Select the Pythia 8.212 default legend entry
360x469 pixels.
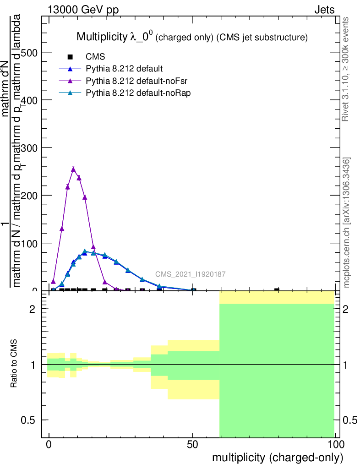pyautogui.click(x=124, y=69)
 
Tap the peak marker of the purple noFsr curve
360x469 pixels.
pyautogui.click(x=73, y=169)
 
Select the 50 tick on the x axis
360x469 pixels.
pyautogui.click(x=192, y=444)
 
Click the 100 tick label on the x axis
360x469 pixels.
pyautogui.click(x=335, y=444)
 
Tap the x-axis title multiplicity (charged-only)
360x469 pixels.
pyautogui.click(x=277, y=458)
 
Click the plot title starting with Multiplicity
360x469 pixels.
pyautogui.click(x=191, y=37)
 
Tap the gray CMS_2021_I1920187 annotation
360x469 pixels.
pyautogui.click(x=190, y=274)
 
